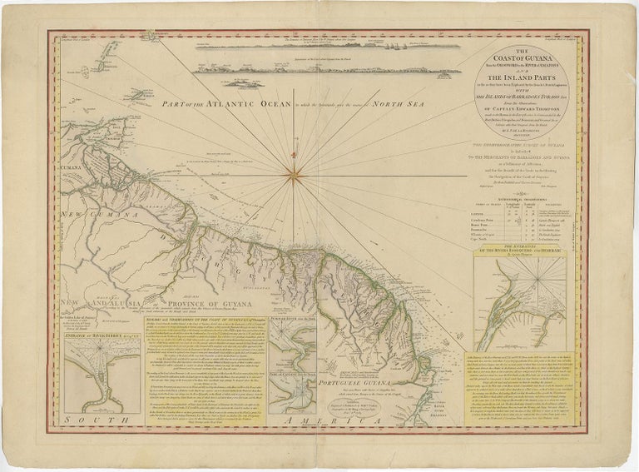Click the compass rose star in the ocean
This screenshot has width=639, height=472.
tap(293, 173)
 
